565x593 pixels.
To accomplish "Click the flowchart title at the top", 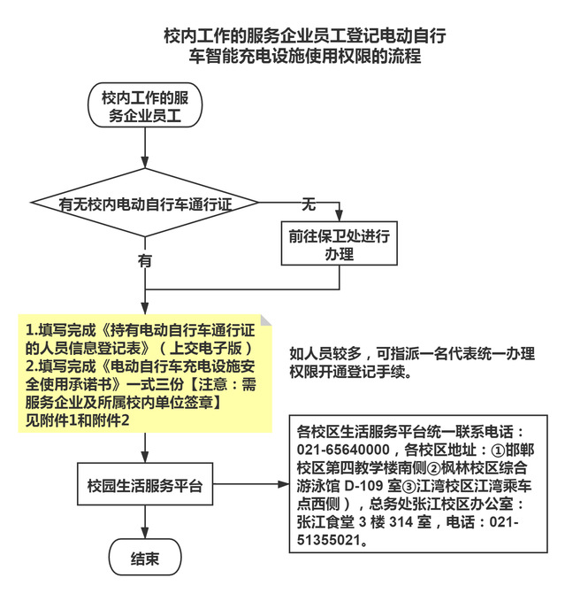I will click(x=304, y=46).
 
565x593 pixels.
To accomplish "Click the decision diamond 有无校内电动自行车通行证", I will click(x=145, y=204).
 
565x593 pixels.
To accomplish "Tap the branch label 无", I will click(x=309, y=204).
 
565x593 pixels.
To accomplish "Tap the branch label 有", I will click(x=144, y=261).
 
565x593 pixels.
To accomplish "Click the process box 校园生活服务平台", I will click(x=144, y=486).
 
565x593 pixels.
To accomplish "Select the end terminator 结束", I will click(x=144, y=558).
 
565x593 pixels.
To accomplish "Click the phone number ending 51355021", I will click(x=336, y=538).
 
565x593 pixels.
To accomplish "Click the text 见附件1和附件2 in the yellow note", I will click(x=78, y=420).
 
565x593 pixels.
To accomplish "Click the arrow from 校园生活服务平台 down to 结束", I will click(x=144, y=524).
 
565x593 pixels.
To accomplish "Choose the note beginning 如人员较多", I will click(x=411, y=362).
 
